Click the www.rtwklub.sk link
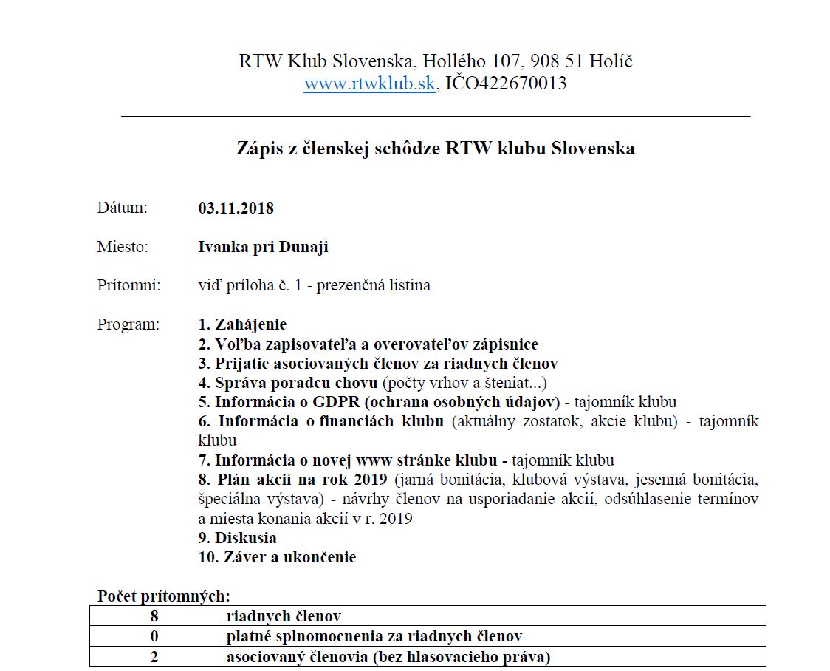[369, 84]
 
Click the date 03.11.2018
[236, 208]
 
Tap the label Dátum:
[123, 208]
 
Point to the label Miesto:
[123, 247]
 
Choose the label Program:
[128, 324]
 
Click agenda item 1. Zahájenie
[242, 324]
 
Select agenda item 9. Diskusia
[237, 538]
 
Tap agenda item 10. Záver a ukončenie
[277, 557]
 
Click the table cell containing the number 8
[154, 616]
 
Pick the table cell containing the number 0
[154, 636]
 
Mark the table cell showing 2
[154, 656]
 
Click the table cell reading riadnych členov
[284, 616]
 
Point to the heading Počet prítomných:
[163, 596]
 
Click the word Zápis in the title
[258, 149]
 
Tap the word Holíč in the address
[610, 61]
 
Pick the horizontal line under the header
[435, 116]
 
